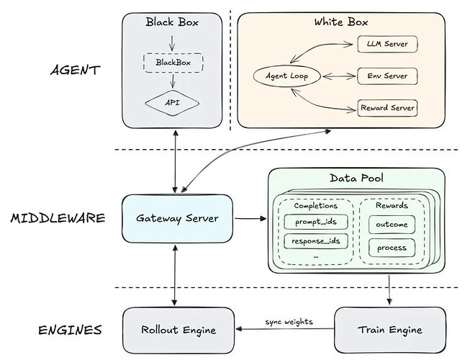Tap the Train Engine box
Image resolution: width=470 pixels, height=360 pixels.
point(389,330)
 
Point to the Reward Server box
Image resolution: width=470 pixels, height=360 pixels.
point(388,109)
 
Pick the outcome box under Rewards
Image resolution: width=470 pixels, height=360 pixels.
point(392,224)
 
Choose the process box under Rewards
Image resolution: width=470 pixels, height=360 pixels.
point(392,248)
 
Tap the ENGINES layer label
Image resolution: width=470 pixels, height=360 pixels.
point(69,330)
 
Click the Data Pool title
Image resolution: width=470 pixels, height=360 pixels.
point(356,178)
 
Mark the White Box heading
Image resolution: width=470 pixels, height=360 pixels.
point(339,22)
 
